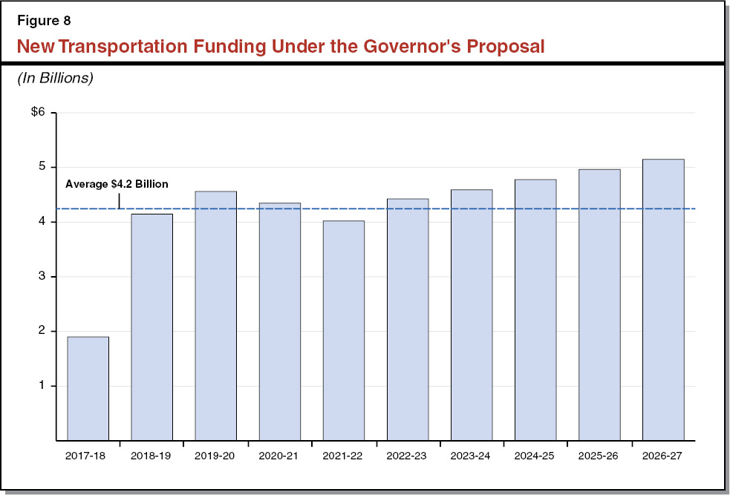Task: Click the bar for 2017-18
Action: [x=88, y=388]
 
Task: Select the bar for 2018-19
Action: [x=151, y=327]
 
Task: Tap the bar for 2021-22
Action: [x=343, y=330]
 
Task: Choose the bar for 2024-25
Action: [x=535, y=309]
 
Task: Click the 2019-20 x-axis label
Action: [x=215, y=456]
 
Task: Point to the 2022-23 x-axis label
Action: [x=407, y=456]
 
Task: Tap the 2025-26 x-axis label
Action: [x=599, y=456]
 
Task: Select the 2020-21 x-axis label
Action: [x=279, y=456]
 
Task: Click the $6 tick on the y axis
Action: [x=38, y=113]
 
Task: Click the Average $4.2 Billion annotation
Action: [x=117, y=184]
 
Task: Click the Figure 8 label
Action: [x=42, y=20]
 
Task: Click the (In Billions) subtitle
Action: [x=55, y=78]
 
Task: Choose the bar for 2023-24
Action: [x=472, y=315]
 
